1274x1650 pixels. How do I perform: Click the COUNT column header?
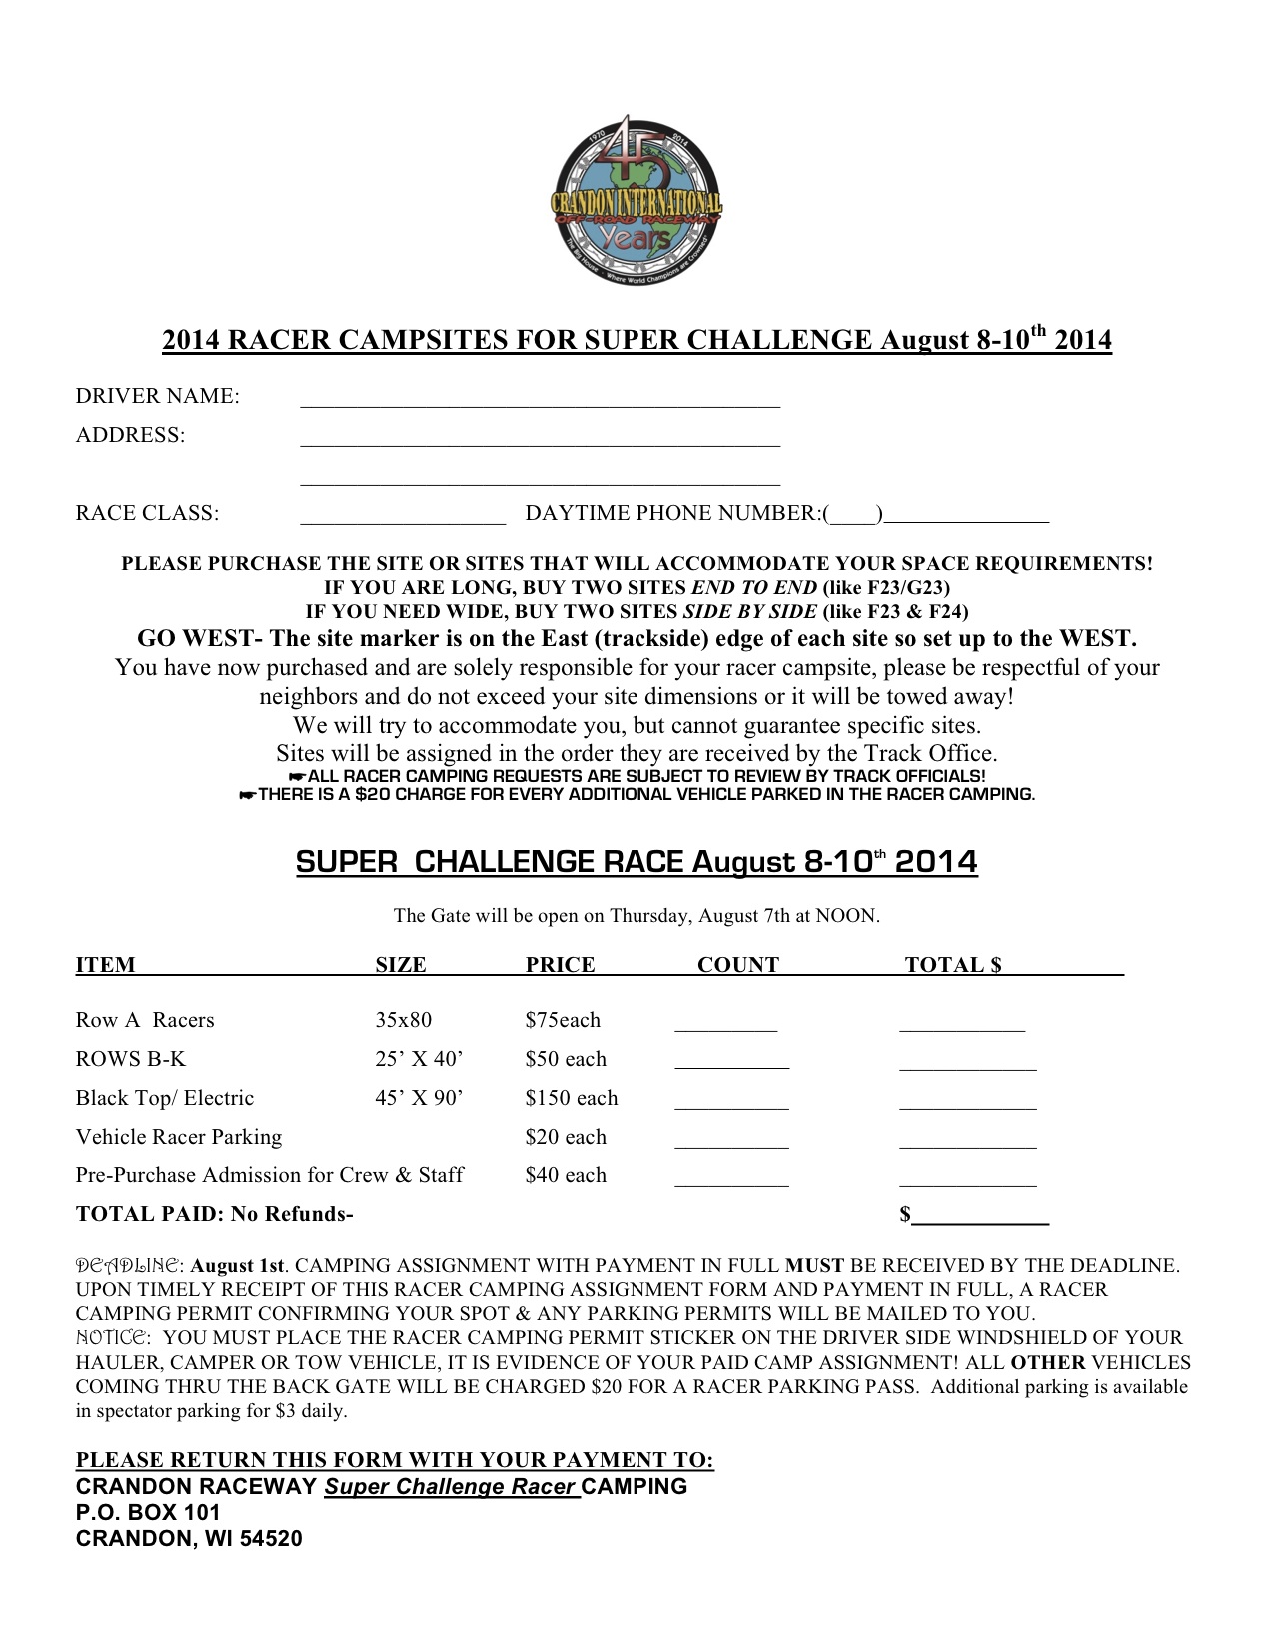point(737,965)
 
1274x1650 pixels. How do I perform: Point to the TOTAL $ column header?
point(952,965)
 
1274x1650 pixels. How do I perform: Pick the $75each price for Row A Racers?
point(563,1020)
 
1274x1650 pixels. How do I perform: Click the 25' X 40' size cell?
point(419,1059)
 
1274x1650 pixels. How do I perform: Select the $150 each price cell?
point(571,1098)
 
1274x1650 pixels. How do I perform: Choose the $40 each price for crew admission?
point(566,1175)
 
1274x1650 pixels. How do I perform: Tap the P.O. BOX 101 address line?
point(148,1512)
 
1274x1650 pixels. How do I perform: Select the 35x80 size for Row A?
point(403,1020)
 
